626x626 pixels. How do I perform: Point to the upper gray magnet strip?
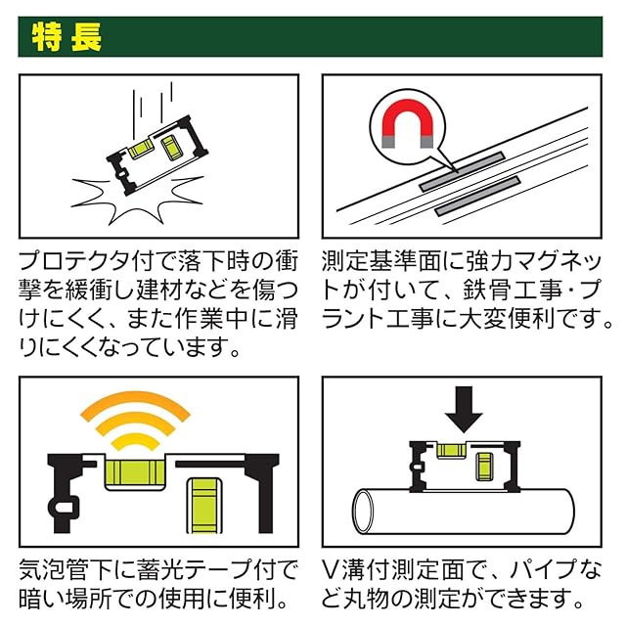[x=460, y=170]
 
